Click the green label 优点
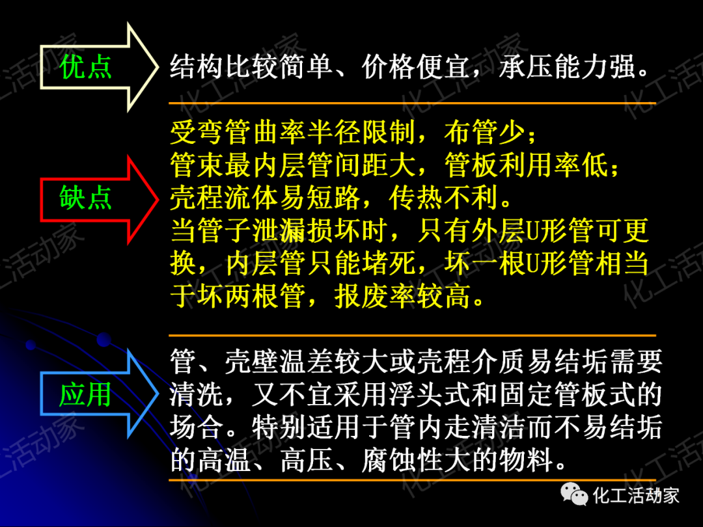pos(85,67)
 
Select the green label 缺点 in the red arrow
pos(85,198)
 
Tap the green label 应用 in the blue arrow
pos(85,394)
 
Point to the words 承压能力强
pos(567,67)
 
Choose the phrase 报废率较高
pos(403,297)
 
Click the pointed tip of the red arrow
pos(158,198)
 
